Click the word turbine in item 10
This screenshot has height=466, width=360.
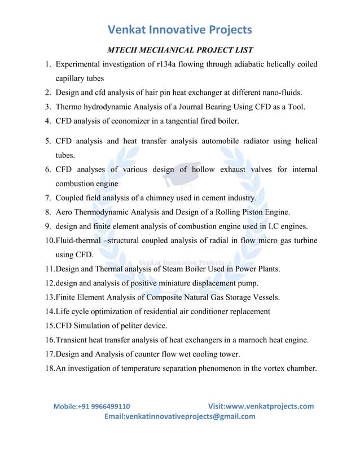tap(304, 241)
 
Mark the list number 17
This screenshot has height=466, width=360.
tap(49, 354)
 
